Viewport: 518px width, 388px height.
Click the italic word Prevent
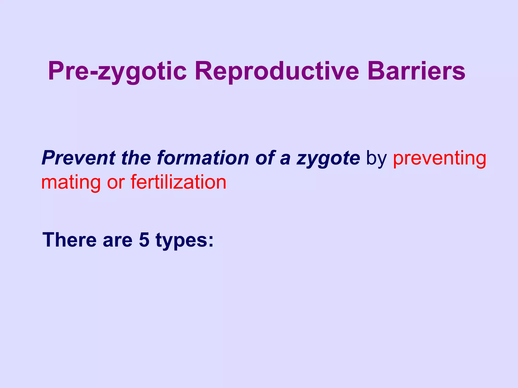tap(79, 158)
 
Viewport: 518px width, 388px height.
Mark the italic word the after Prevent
tap(136, 158)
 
